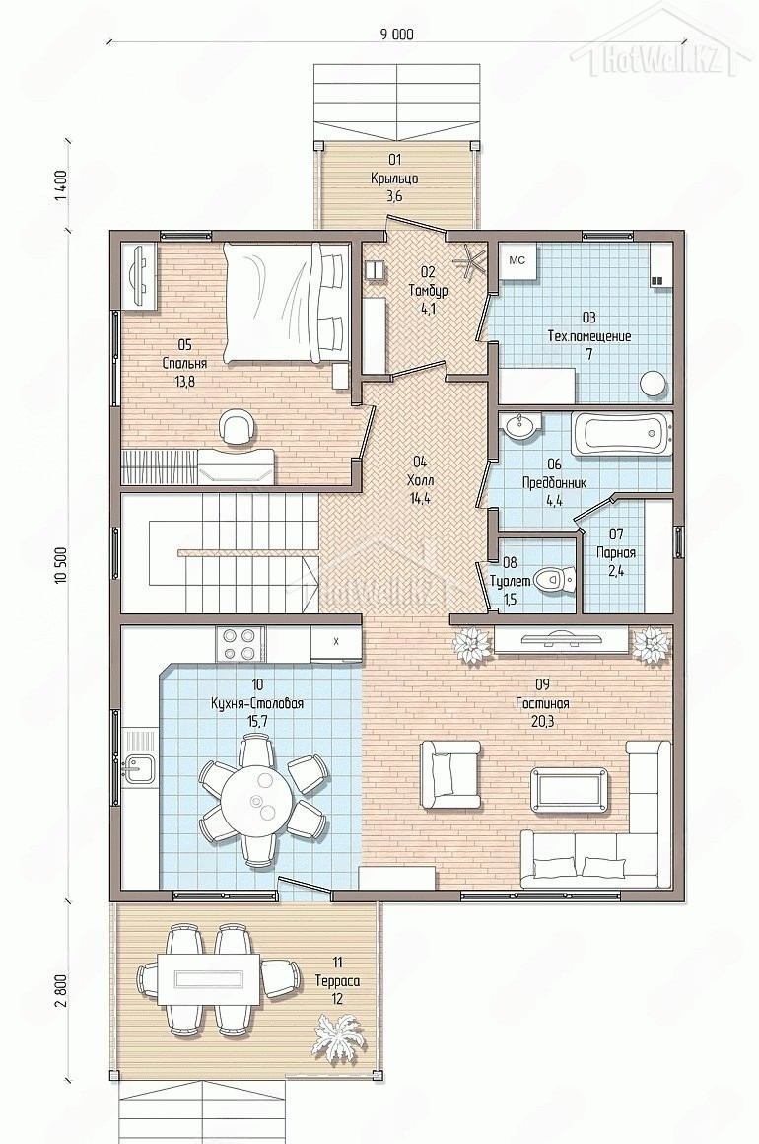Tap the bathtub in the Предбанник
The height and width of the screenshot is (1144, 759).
coord(620,435)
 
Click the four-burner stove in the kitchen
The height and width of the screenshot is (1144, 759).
coord(240,644)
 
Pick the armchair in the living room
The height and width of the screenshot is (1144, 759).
coord(450,775)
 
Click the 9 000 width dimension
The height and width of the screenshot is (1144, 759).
coord(396,34)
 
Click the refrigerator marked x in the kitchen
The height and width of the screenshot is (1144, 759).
coord(336,643)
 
